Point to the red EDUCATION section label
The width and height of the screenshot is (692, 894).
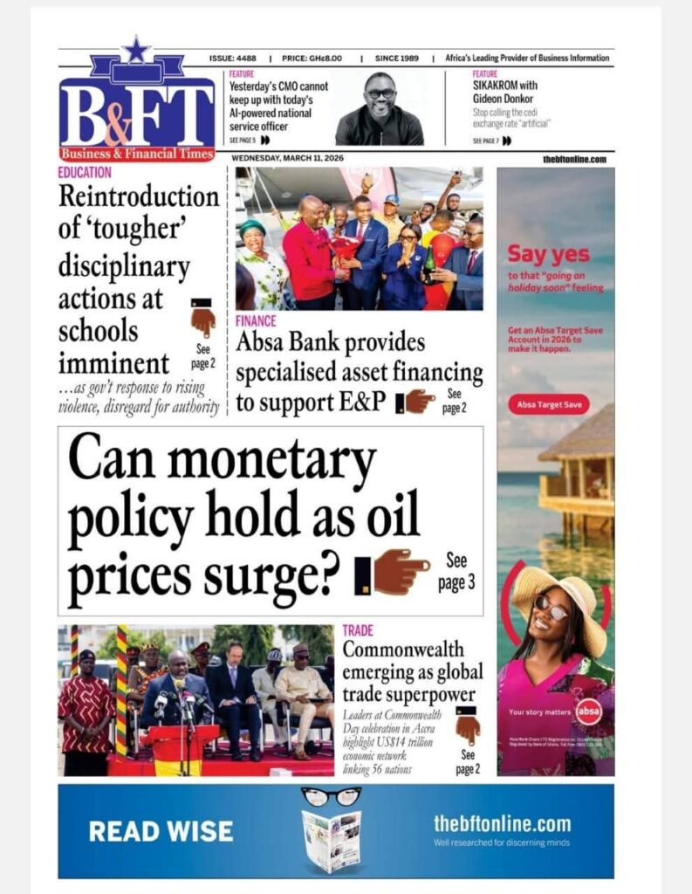click(x=86, y=173)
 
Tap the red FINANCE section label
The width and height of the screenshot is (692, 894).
click(x=256, y=321)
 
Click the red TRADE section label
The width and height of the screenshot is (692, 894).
click(x=358, y=629)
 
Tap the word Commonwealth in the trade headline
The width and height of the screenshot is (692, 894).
click(x=402, y=650)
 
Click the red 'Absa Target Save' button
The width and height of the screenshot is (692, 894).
click(x=548, y=405)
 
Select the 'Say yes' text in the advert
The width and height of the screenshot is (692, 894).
click(x=548, y=255)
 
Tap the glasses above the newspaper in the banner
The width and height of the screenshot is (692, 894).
click(x=331, y=795)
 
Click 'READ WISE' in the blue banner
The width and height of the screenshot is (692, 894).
click(x=161, y=831)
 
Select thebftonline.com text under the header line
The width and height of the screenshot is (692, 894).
click(x=574, y=159)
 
